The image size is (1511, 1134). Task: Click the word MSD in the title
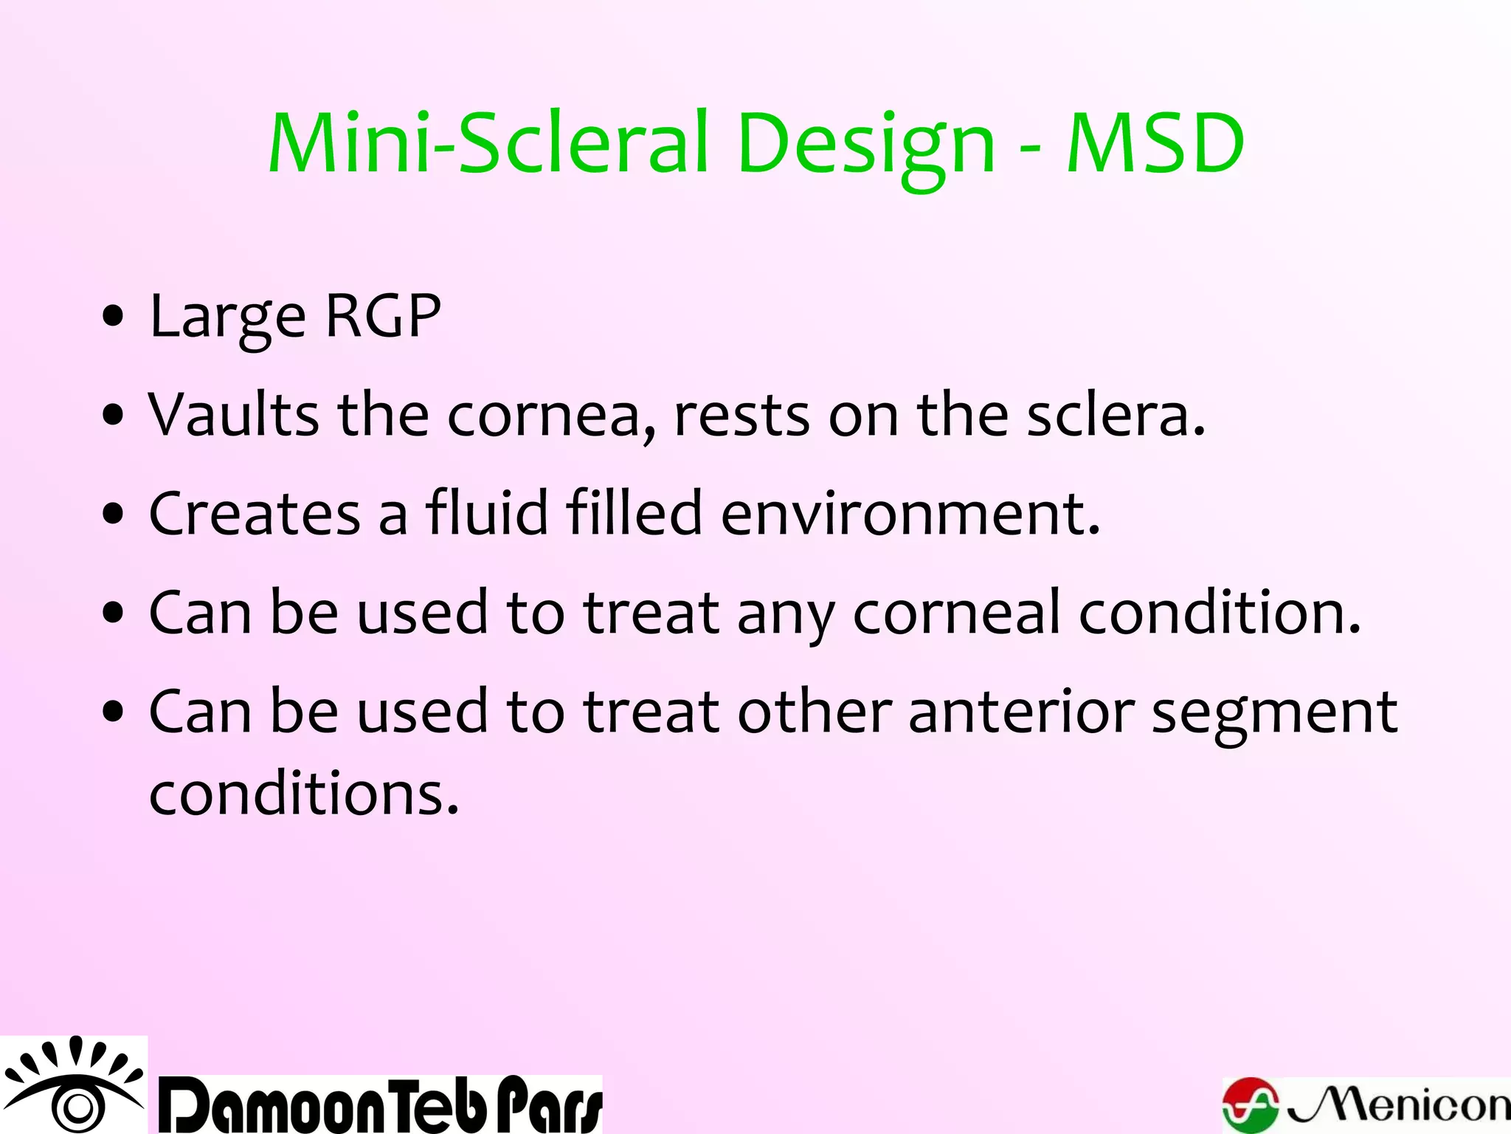pos(1155,143)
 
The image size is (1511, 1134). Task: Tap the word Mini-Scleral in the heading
pos(487,143)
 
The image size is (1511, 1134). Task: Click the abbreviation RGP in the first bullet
pos(382,316)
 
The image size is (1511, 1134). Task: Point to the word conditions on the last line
pos(303,794)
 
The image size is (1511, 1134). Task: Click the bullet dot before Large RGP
pos(113,317)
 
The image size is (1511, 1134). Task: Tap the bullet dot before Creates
pos(113,514)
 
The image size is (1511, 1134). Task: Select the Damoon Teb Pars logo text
pos(381,1105)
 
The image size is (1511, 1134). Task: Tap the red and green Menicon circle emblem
pos(1251,1105)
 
